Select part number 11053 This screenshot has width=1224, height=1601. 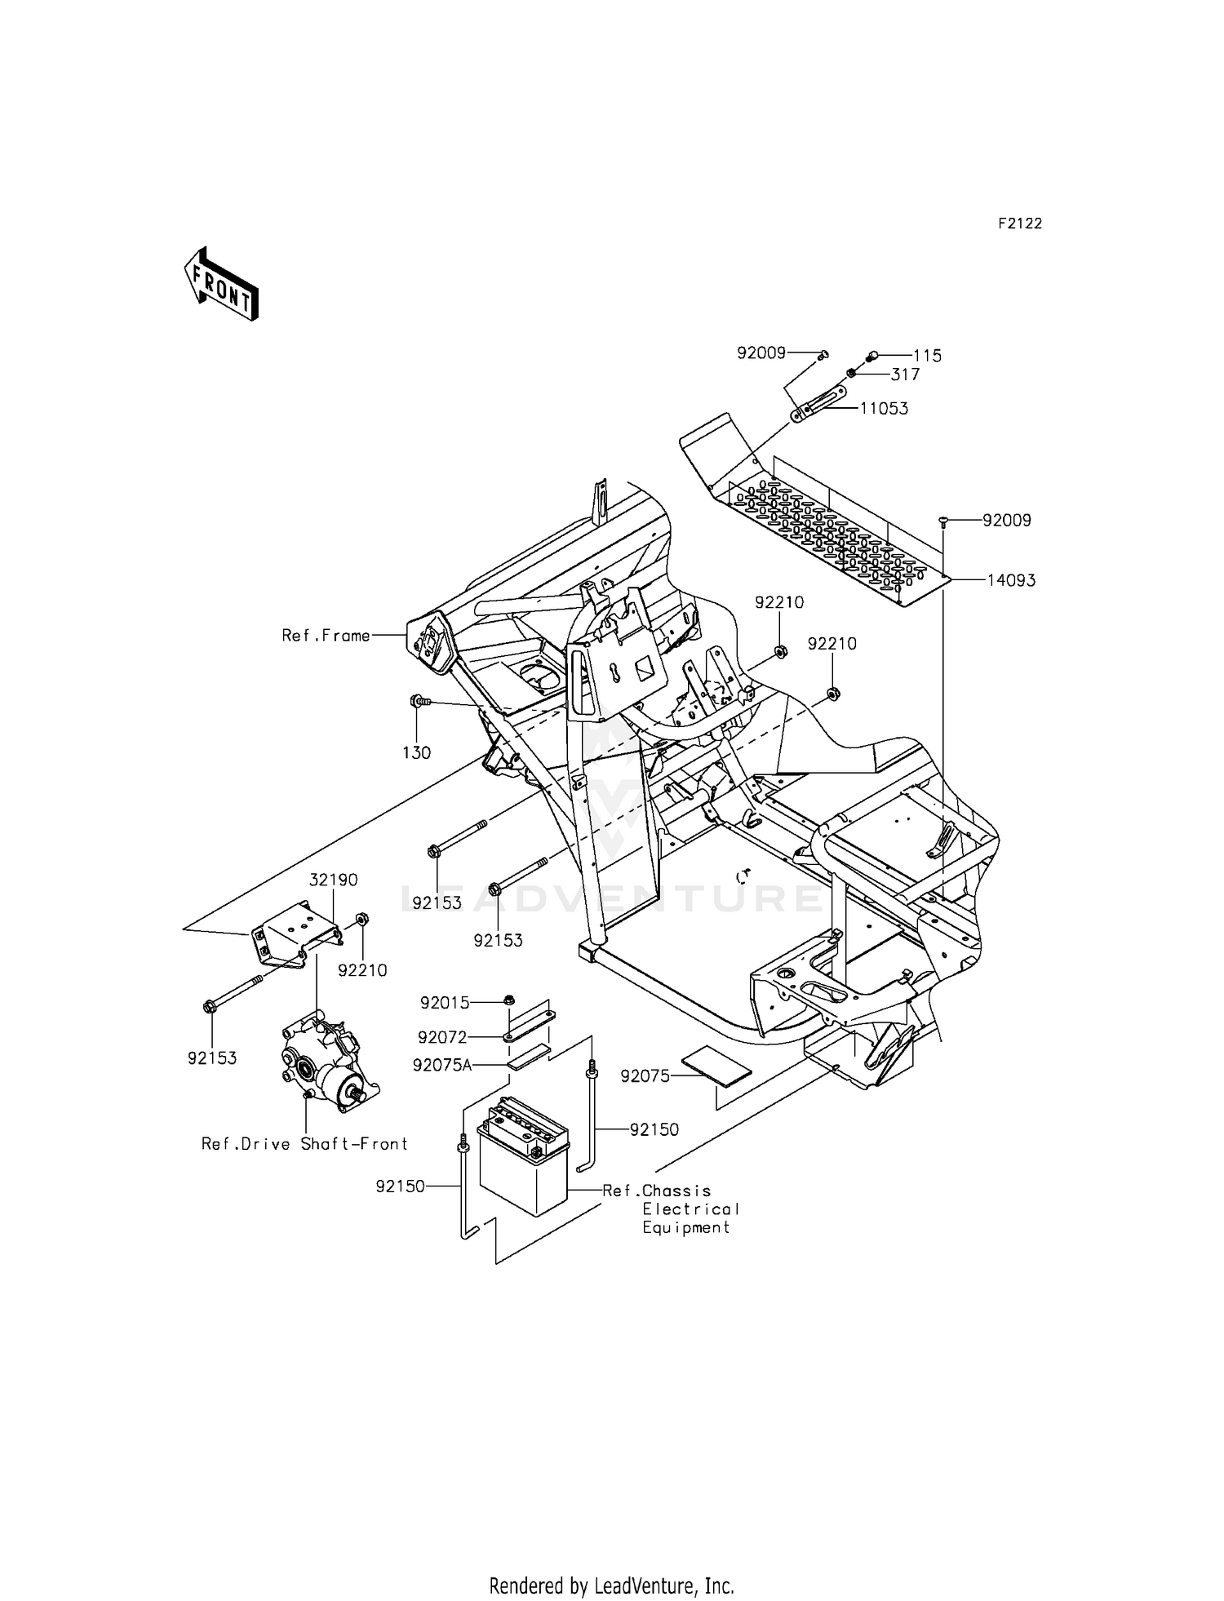pyautogui.click(x=884, y=408)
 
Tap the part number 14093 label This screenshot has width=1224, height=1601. pyautogui.click(x=1011, y=580)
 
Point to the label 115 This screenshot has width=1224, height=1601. pyautogui.click(x=927, y=356)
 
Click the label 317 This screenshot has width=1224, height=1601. pyautogui.click(x=905, y=375)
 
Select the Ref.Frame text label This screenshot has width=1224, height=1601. pyautogui.click(x=326, y=635)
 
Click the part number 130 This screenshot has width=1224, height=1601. pyautogui.click(x=416, y=752)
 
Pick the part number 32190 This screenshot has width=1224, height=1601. pyautogui.click(x=333, y=880)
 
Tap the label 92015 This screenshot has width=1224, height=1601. pyautogui.click(x=445, y=1003)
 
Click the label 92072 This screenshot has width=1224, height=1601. pyautogui.click(x=442, y=1037)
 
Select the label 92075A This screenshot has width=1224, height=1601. pyautogui.click(x=442, y=1066)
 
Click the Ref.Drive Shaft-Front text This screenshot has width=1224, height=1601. pyautogui.click(x=304, y=1144)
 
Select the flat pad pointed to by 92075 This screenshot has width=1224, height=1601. pyautogui.click(x=717, y=1065)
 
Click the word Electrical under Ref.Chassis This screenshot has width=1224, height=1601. pyautogui.click(x=690, y=1209)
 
